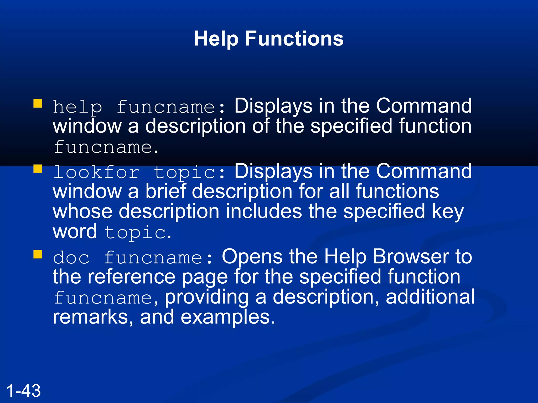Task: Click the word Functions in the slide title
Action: pos(294,39)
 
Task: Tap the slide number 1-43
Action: pos(23,390)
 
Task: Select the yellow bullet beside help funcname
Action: pos(38,103)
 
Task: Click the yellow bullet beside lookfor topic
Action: pos(38,169)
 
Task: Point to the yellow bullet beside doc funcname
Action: pos(38,254)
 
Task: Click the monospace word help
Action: pos(77,107)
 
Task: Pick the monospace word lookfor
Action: pos(96,172)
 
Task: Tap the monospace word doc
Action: pos(71,258)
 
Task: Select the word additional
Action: pos(430,297)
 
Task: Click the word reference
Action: pos(131,277)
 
